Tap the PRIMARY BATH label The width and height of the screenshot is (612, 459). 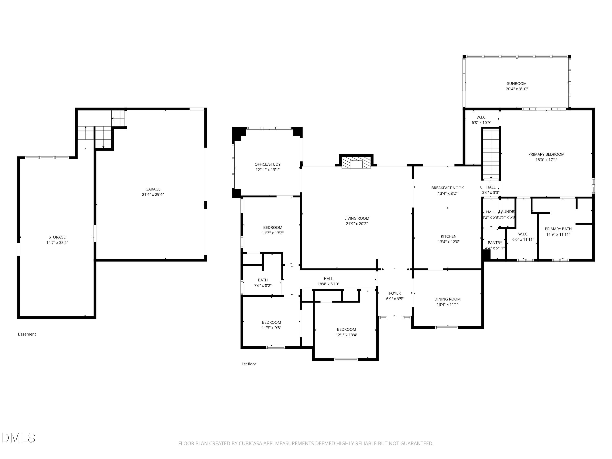[558, 229]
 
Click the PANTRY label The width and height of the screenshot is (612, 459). [495, 243]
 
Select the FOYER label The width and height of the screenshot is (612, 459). [395, 293]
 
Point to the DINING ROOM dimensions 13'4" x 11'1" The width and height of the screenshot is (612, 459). [447, 305]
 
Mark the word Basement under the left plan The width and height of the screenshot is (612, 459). [27, 334]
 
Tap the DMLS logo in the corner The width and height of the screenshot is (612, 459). [18, 438]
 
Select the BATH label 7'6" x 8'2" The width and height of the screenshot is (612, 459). [263, 280]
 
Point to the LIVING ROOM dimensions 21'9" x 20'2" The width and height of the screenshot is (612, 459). [357, 224]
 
